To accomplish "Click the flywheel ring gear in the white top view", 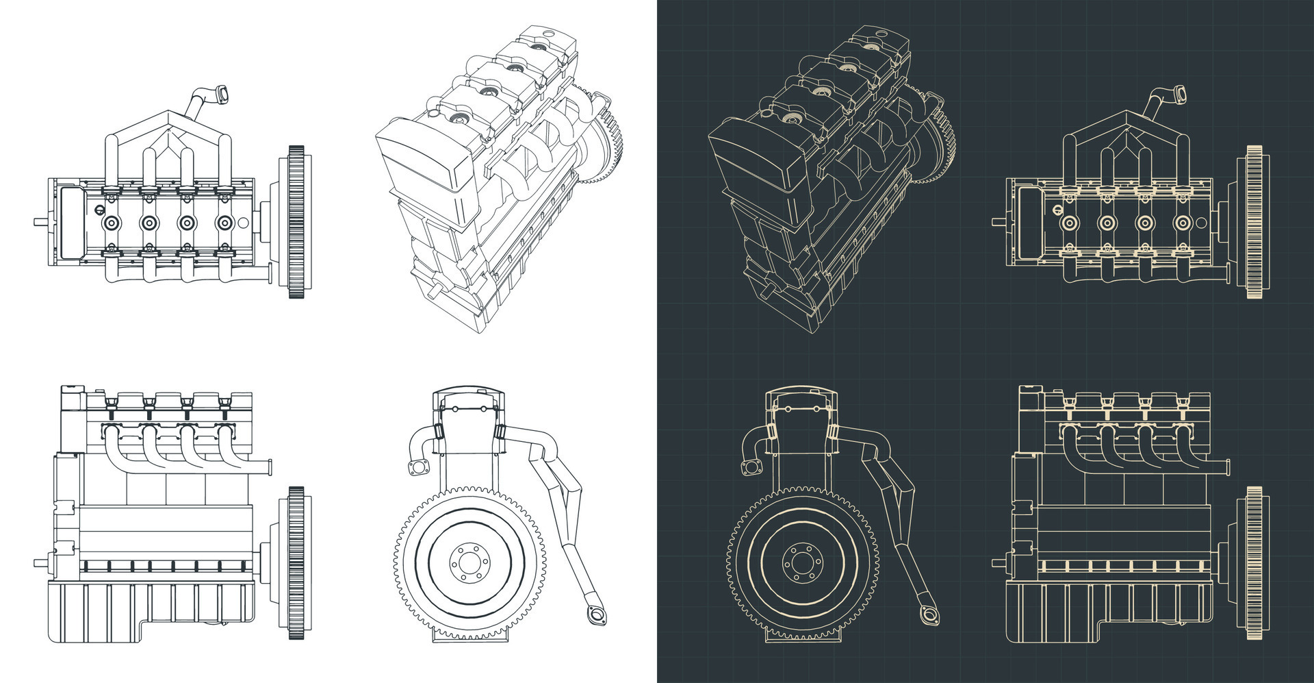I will click(x=296, y=223).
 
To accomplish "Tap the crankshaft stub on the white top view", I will click(x=40, y=222).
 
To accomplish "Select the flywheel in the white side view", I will click(x=296, y=563).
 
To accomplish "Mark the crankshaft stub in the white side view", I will click(x=40, y=563).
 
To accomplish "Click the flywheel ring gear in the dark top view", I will click(x=1254, y=223).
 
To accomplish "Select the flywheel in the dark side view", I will click(x=1254, y=563).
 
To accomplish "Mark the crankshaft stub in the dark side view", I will click(x=998, y=563).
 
